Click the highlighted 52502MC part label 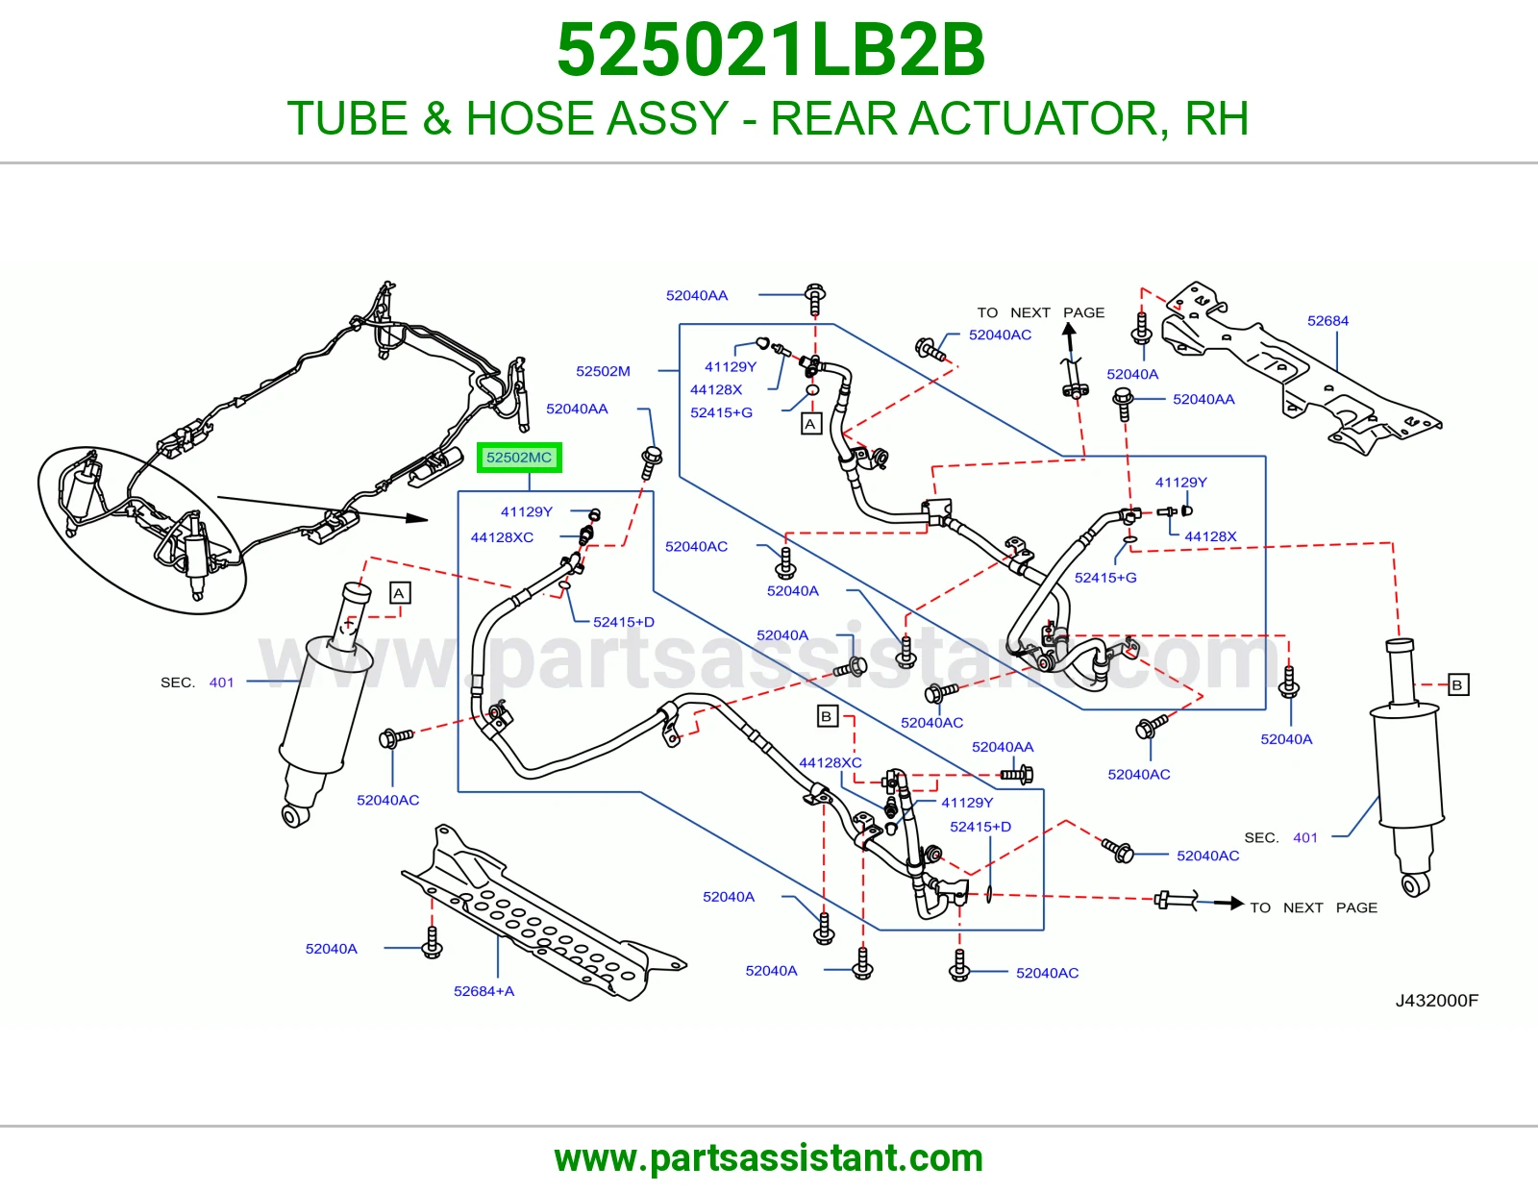coord(519,458)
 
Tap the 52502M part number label coord(603,371)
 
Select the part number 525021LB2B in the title coord(771,50)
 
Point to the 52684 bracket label coord(1327,321)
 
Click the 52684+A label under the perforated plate coord(484,991)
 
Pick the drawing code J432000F coord(1437,1000)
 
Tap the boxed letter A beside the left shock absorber coord(399,593)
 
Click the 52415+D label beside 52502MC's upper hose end coord(624,622)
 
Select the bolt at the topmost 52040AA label coord(814,299)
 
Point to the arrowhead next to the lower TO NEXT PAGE coord(1236,903)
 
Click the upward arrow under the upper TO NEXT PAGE coord(1070,336)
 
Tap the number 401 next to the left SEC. coord(221,683)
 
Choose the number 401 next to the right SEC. coord(1305,837)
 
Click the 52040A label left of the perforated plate coord(332,949)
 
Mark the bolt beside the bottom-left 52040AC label coord(396,737)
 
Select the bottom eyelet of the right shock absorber coord(1416,884)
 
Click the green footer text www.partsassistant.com coord(769,1158)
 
